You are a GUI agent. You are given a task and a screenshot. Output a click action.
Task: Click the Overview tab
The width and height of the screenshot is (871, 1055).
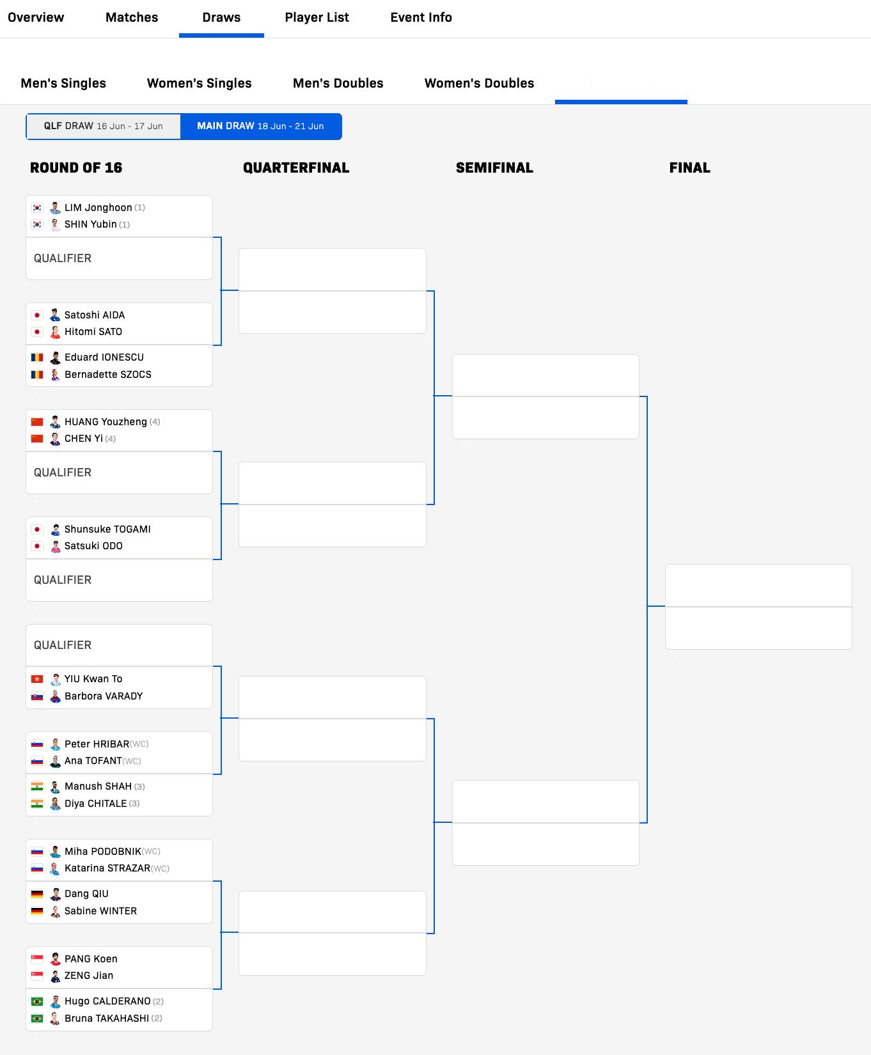coord(36,17)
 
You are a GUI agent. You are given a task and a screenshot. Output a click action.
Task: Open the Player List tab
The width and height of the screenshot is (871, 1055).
coord(317,17)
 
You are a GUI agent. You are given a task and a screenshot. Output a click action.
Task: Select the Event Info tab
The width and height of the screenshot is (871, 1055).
coord(421,17)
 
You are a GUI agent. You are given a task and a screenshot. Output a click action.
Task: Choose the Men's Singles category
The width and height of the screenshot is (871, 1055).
coord(63,83)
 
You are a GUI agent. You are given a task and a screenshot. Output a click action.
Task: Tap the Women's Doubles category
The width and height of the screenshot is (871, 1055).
coord(479,83)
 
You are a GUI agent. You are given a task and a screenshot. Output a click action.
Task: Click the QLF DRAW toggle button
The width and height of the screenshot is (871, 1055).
coord(104,126)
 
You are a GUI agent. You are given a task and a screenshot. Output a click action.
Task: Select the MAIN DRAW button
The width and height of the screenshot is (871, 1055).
coord(261,126)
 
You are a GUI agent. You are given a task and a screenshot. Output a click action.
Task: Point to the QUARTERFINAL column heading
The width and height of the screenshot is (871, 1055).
coord(296,168)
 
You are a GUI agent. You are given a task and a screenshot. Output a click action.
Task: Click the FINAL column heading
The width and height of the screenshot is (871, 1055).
coord(689,168)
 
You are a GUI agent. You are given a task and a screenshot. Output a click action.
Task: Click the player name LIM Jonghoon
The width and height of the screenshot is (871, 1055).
coord(98,208)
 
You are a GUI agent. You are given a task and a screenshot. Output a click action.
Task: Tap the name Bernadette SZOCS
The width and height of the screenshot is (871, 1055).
coord(107,375)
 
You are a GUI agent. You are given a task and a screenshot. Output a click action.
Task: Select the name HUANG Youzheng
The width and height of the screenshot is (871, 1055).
coord(106,422)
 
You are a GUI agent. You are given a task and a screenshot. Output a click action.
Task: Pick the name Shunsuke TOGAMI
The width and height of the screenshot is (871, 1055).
coord(107,529)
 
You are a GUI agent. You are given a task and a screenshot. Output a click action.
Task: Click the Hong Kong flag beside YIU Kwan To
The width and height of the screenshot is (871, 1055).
coord(37,679)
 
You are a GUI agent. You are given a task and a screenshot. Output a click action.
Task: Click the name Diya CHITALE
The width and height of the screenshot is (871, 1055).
coord(95,804)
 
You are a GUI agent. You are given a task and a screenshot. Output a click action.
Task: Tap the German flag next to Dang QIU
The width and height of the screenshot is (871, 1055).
coord(37,894)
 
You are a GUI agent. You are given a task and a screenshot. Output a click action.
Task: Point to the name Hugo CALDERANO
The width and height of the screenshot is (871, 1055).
coord(107,1001)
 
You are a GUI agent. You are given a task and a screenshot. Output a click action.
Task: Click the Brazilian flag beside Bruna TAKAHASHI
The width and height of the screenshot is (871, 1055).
coord(37,1019)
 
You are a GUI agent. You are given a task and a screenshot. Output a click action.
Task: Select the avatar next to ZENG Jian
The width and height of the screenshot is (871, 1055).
coord(56,976)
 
